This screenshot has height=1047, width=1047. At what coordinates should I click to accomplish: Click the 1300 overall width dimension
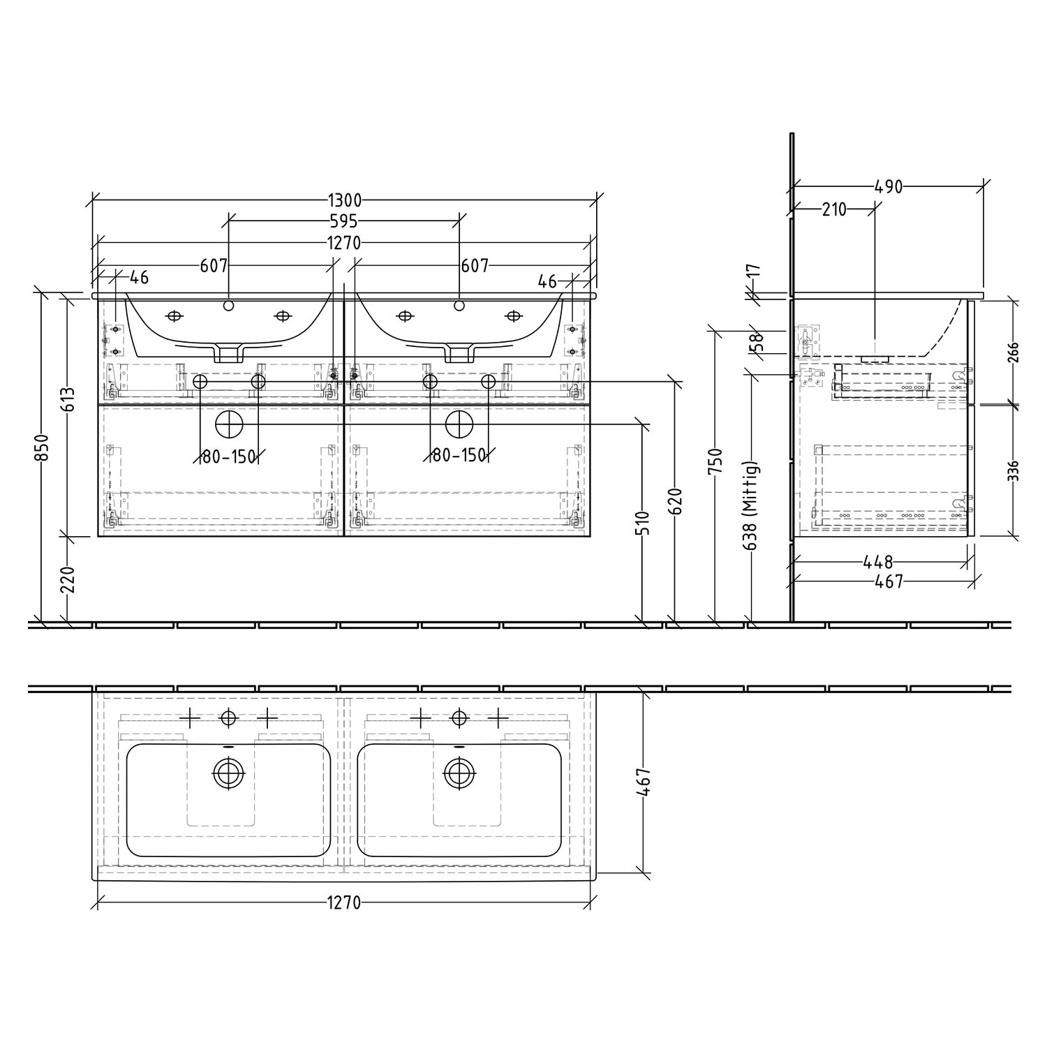coord(345,200)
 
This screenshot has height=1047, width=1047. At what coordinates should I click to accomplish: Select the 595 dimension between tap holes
coord(344,221)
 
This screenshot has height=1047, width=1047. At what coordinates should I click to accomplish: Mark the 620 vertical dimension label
coord(675,502)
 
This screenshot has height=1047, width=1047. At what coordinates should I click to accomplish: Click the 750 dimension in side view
coord(716,462)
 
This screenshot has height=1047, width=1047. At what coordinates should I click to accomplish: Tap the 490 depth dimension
coord(889,186)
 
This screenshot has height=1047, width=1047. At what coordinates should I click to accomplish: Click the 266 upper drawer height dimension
coord(1013,352)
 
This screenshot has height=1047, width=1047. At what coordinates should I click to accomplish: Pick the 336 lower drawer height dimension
coord(1013,470)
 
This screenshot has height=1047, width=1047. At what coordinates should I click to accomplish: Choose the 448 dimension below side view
coord(878,561)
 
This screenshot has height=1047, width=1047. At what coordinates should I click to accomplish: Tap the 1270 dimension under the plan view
coord(344,903)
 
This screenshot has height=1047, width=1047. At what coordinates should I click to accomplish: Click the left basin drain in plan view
coord(225,772)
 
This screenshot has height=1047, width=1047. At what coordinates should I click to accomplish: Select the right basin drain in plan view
coord(459,772)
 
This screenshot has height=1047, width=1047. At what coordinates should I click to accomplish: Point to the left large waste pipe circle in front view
coord(228,424)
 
